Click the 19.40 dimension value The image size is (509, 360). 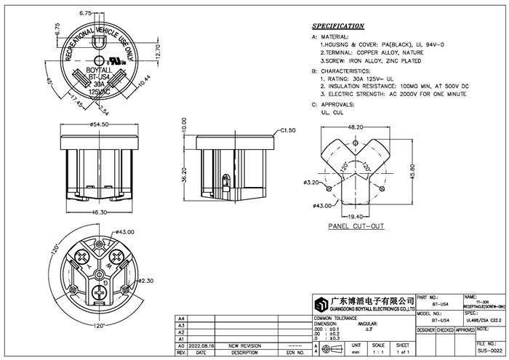point(356,217)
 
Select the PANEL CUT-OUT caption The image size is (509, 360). point(356,227)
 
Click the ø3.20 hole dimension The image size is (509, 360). point(311,181)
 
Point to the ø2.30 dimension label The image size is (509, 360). point(146,281)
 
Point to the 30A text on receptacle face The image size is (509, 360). point(100,84)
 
